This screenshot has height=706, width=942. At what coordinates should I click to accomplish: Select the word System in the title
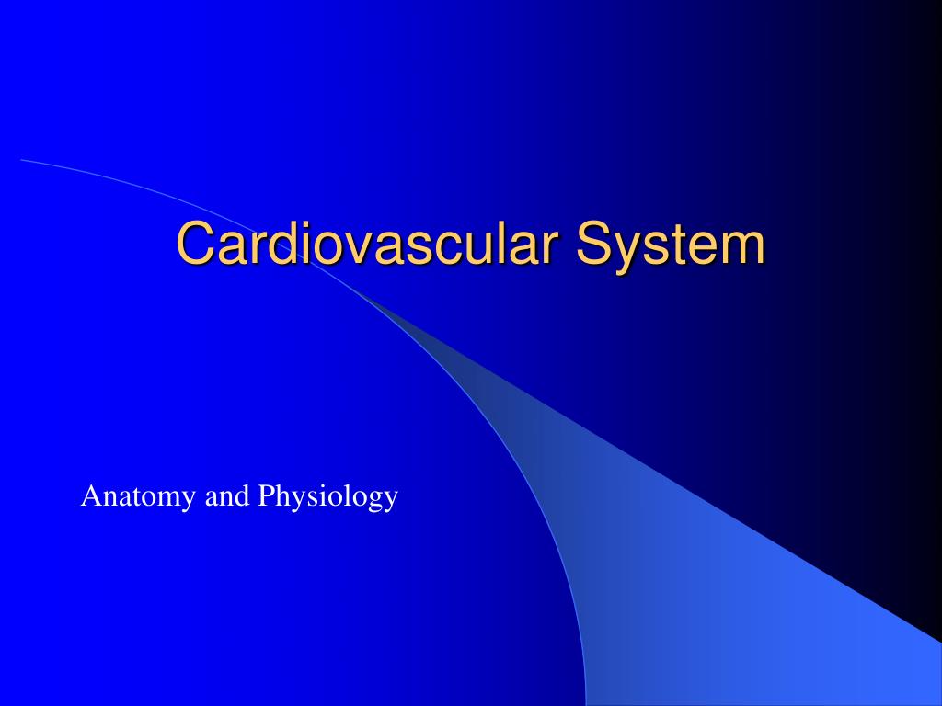672,244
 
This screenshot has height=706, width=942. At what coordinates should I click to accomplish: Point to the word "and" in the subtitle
227,497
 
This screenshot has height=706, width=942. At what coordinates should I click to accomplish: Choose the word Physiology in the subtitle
328,497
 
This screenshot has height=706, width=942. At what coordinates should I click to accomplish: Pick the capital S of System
594,244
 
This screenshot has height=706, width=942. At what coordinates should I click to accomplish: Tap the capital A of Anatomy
89,496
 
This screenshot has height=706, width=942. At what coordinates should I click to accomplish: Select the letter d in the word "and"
243,496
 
